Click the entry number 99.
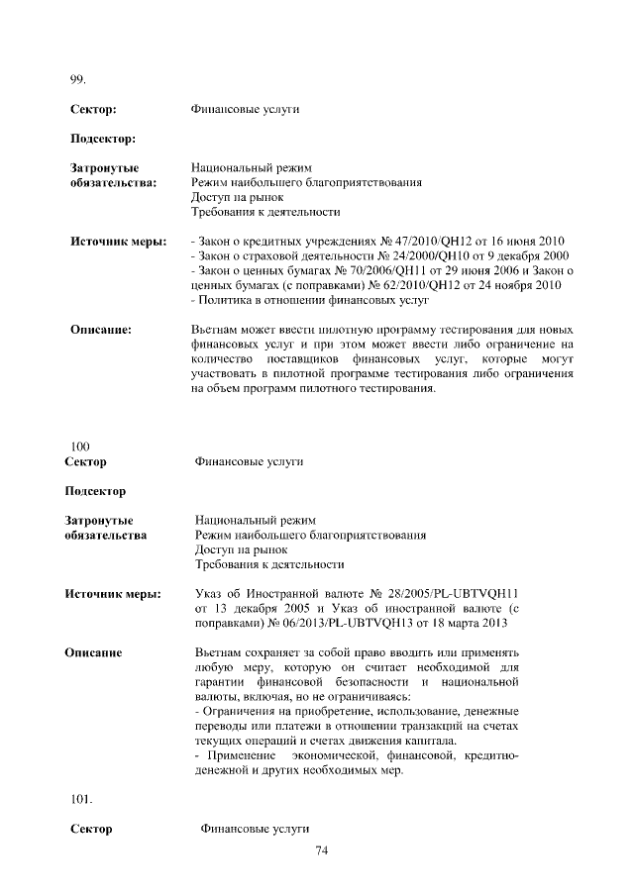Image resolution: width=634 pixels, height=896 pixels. click(x=78, y=79)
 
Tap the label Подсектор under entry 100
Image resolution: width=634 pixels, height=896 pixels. click(x=95, y=491)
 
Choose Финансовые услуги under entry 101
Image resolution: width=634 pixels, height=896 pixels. click(x=256, y=828)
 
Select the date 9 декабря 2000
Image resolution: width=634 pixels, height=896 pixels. click(x=520, y=255)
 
